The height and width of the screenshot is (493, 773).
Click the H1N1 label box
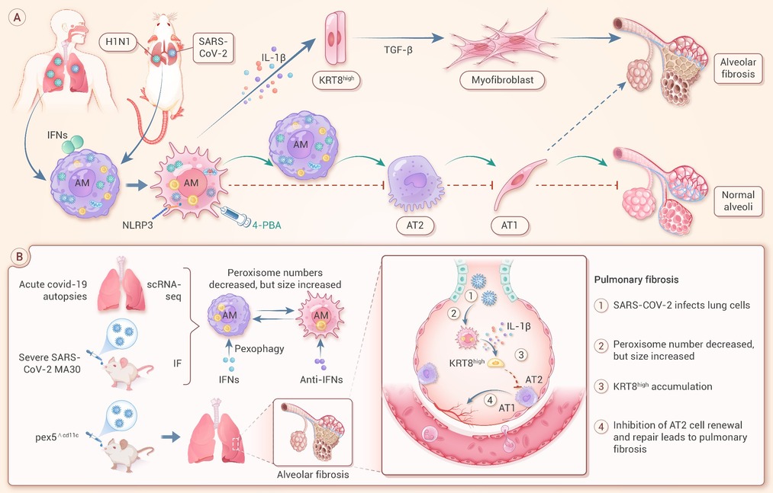pos(118,42)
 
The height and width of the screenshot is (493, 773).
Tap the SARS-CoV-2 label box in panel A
pos(213,47)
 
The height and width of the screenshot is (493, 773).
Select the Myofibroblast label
pos(502,80)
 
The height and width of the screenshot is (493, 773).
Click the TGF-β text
pos(398,50)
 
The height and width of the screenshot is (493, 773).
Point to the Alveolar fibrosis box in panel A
pos(737,68)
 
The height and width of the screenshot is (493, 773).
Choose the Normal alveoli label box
pos(737,201)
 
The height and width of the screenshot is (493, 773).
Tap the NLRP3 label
pos(137,225)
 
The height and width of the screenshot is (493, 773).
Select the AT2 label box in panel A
pos(414,225)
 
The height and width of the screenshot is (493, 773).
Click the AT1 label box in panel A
pos(509,225)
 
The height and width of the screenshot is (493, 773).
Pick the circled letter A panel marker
pos(18,18)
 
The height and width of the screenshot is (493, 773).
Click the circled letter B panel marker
pos(19,257)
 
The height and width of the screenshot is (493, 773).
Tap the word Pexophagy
pos(259,349)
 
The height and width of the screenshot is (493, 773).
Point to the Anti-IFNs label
pos(321,379)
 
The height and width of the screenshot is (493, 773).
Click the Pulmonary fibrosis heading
pos(636,280)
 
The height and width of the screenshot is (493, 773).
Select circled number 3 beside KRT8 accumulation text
pos(601,386)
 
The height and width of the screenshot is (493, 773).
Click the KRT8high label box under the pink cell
pos(337,79)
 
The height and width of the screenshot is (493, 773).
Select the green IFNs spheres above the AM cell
pos(73,143)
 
